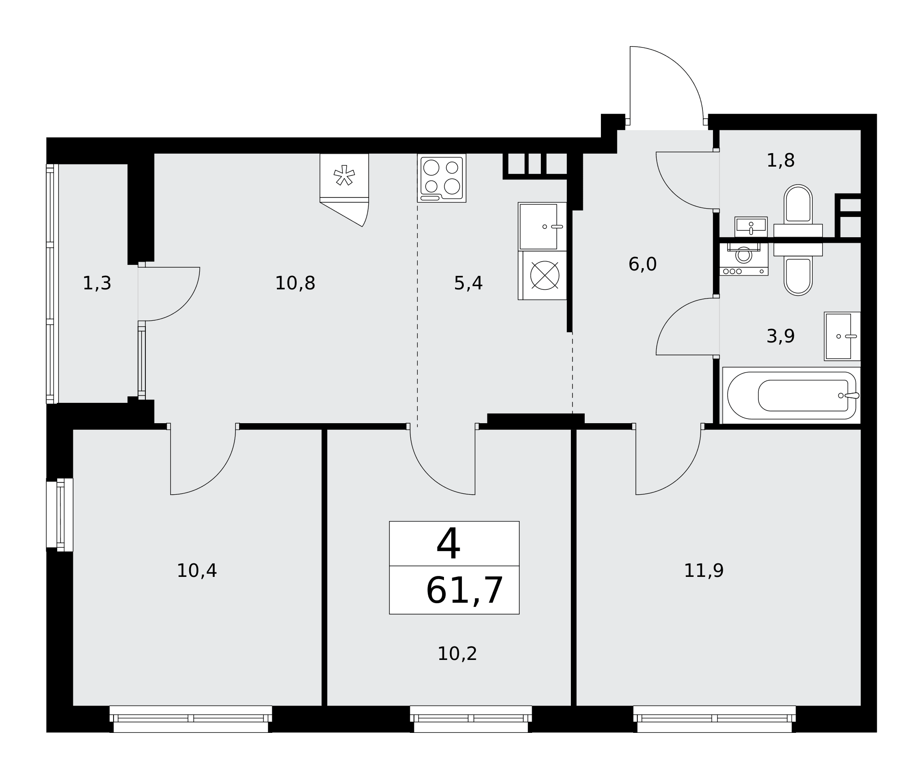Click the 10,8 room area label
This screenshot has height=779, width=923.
[295, 283]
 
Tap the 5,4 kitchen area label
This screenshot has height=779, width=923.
[468, 283]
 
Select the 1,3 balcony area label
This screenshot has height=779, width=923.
[97, 283]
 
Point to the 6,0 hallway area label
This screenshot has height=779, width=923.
[642, 264]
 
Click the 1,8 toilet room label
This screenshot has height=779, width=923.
[780, 161]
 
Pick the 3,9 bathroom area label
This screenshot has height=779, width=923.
[780, 336]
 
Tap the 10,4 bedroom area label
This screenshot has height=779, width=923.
[197, 571]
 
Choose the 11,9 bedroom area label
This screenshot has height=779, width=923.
[703, 571]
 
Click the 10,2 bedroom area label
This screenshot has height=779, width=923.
[457, 654]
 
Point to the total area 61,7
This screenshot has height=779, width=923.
[464, 590]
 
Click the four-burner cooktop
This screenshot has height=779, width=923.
[442, 178]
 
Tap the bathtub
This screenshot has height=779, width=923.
[791, 395]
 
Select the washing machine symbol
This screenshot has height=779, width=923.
[743, 259]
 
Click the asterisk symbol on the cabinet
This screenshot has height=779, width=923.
[344, 175]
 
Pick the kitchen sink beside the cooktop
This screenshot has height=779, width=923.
[542, 227]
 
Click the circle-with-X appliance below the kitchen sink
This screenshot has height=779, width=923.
[545, 276]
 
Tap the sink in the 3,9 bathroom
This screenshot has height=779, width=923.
[842, 336]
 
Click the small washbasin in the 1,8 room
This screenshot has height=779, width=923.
[751, 227]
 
